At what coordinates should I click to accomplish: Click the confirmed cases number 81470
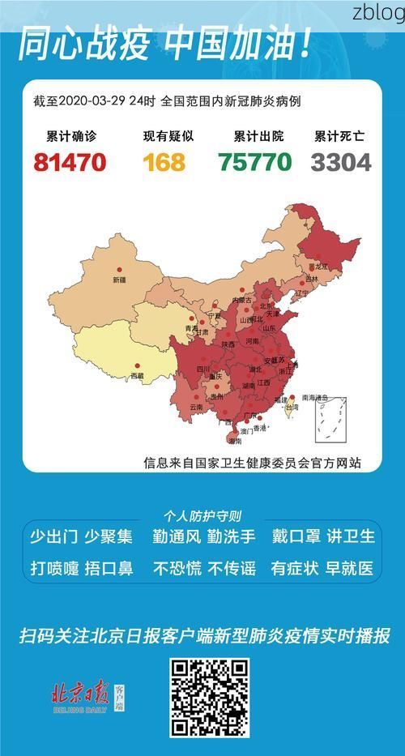coord(70,162)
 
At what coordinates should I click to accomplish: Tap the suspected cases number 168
coord(164,162)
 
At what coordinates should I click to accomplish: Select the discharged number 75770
coord(254,162)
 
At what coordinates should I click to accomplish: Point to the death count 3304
coord(341,162)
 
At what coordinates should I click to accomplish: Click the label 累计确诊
coord(70,137)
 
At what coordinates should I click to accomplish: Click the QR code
coord(208,698)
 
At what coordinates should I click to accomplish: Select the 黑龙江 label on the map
coord(322,266)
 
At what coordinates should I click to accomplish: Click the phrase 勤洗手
coord(232,536)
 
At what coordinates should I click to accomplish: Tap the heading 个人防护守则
coord(202,515)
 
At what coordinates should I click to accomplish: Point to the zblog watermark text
coord(378,13)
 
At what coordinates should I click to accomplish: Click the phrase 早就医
coord(352,568)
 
